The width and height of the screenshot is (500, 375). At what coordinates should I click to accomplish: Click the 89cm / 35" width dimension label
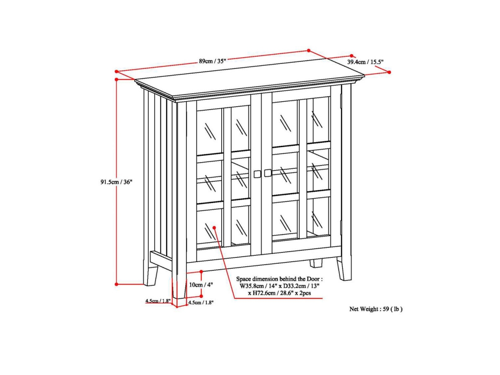point(212,61)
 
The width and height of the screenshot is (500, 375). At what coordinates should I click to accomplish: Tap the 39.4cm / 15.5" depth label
point(365,62)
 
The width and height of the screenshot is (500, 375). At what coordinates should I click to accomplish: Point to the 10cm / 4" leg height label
point(201,285)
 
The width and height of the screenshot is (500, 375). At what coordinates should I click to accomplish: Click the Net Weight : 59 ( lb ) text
point(375,309)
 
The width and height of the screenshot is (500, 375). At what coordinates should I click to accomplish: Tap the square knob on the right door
point(267,173)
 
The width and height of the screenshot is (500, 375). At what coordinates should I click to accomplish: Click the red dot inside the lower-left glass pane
point(214,227)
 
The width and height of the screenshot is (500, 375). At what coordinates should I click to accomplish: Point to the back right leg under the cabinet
point(316,263)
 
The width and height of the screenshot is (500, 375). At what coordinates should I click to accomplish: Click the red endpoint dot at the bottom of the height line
point(117,284)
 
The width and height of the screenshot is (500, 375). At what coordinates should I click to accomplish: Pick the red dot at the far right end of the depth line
point(389,72)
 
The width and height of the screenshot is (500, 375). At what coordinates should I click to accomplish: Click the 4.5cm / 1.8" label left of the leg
point(158,301)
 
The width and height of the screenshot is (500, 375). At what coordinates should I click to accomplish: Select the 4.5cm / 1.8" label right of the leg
point(201,303)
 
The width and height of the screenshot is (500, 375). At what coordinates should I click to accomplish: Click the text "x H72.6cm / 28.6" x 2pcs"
point(280,293)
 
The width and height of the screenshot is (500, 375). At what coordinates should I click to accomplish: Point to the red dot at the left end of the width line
point(117,71)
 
